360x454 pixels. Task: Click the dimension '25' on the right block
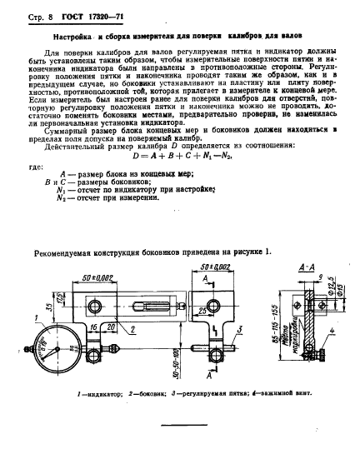click(x=203, y=311)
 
